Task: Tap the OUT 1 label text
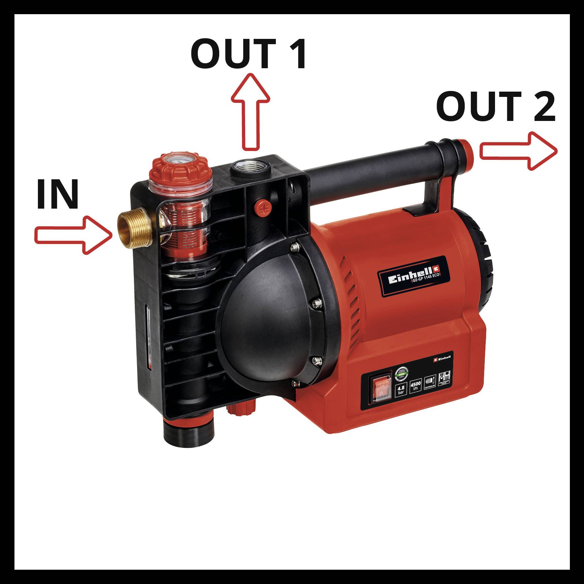coord(249,54)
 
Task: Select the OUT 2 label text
coord(496,106)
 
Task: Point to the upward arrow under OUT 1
coord(250,112)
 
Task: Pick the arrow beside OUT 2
coord(518,151)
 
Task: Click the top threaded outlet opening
coord(250,166)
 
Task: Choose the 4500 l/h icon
coord(415,385)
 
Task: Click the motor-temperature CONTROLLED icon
coord(430,381)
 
